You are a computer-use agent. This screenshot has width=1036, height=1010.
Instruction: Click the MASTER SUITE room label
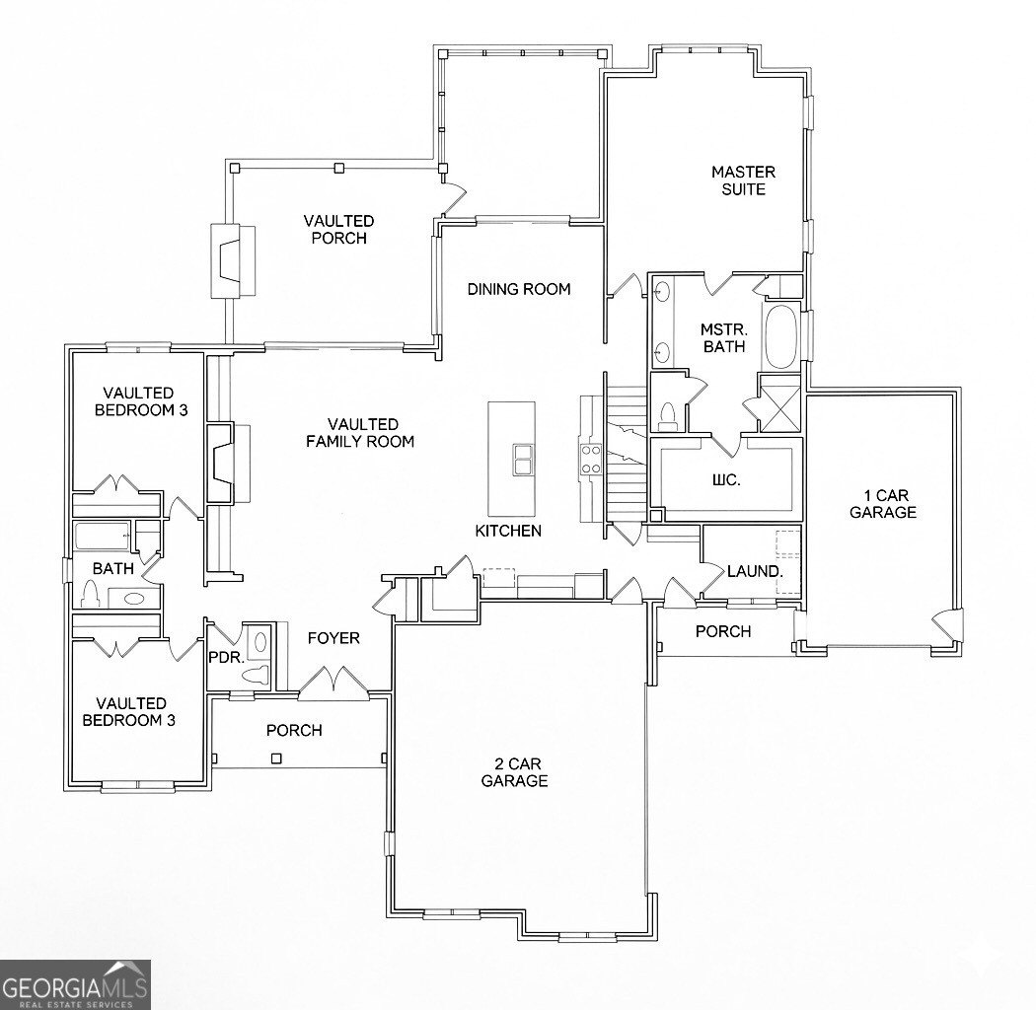[x=738, y=180]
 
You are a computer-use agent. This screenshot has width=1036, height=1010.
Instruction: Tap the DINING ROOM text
[x=519, y=289]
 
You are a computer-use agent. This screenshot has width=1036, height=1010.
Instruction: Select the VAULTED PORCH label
[x=338, y=229]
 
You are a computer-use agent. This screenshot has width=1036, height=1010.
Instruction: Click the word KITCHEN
[x=508, y=531]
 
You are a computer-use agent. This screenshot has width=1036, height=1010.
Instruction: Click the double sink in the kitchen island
[x=522, y=459]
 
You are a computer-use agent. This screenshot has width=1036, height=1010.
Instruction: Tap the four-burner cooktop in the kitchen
[x=590, y=458]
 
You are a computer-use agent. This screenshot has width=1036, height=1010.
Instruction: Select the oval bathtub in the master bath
[x=782, y=337]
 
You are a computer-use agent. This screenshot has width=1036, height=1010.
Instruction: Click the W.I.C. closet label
[x=727, y=480]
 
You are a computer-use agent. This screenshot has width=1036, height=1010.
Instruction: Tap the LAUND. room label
[x=755, y=571]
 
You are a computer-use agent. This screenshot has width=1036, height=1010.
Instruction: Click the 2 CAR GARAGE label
[x=514, y=772]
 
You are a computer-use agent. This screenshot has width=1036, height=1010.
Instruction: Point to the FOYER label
[x=333, y=638]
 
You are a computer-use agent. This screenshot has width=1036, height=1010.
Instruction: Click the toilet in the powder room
[x=258, y=675]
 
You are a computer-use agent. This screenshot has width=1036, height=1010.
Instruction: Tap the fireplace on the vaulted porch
[x=232, y=260]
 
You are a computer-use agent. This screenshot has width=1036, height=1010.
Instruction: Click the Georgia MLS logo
[x=75, y=983]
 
